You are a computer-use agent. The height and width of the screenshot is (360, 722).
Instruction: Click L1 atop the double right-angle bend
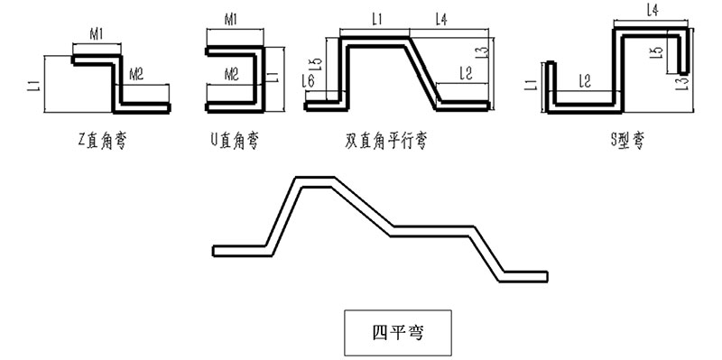pos(377,18)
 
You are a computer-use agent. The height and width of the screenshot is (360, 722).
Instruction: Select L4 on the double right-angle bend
pos(442,18)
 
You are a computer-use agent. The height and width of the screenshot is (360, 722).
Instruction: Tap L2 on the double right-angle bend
pos(466,72)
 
